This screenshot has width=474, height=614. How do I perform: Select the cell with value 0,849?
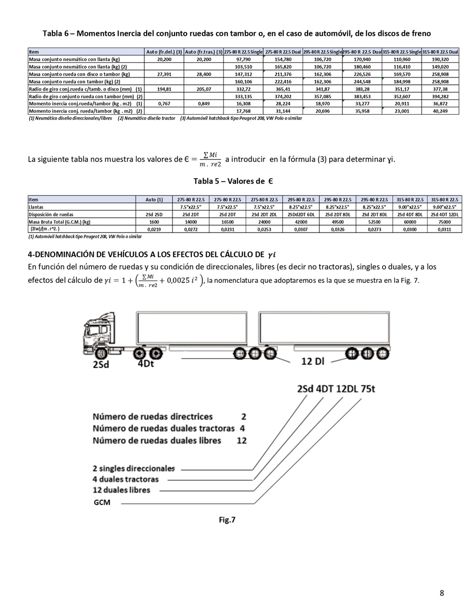point(204,104)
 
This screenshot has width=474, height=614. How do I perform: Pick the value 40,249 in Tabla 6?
point(440,111)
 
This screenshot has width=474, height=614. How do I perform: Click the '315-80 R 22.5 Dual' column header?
point(440,52)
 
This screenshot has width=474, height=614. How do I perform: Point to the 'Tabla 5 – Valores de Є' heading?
point(233,181)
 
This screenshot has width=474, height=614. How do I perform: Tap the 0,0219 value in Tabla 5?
point(154,229)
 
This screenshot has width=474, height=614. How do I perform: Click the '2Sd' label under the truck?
point(101,364)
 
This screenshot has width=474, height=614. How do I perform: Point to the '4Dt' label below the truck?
point(146,363)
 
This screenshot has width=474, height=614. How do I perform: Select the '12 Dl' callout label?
point(313,361)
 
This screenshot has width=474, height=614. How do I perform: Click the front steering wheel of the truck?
point(100,352)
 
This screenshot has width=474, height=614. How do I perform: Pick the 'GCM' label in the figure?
point(102,503)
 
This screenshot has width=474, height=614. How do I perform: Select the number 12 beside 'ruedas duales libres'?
point(242,441)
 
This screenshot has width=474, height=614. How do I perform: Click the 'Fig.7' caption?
point(227,520)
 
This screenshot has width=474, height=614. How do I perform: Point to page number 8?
point(442,593)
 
